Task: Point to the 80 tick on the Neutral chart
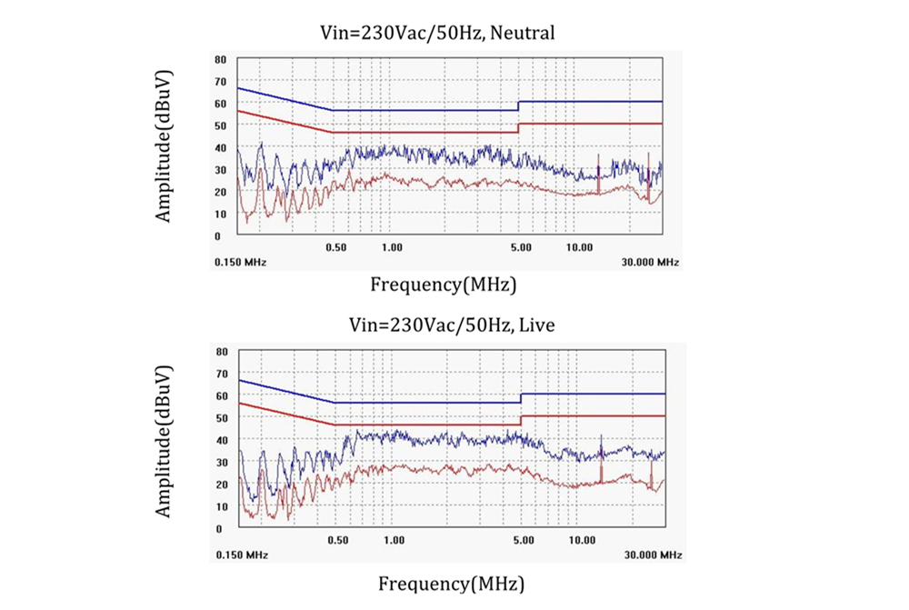pyautogui.click(x=219, y=59)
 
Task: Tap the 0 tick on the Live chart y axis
pyautogui.click(x=219, y=528)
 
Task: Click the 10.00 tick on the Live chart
pyautogui.click(x=583, y=540)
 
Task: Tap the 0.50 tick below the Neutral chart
pyautogui.click(x=335, y=247)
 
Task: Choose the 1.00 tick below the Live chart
pyautogui.click(x=395, y=540)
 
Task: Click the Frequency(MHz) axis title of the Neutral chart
pyautogui.click(x=444, y=284)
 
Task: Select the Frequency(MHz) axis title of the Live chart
pyautogui.click(x=451, y=583)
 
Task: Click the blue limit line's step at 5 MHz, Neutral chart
pyautogui.click(x=518, y=105)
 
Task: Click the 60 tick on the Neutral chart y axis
pyautogui.click(x=219, y=103)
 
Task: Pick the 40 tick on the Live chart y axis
pyautogui.click(x=219, y=440)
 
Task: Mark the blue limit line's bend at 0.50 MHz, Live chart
pyautogui.click(x=335, y=402)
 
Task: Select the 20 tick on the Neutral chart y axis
pyautogui.click(x=219, y=192)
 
